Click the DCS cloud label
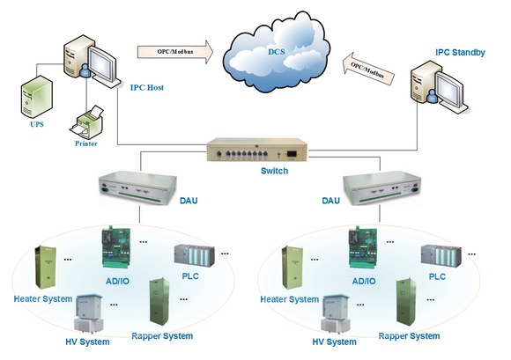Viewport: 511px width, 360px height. [x=277, y=52]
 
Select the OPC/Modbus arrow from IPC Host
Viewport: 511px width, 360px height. [x=175, y=52]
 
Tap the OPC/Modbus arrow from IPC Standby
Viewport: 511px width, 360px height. [x=368, y=70]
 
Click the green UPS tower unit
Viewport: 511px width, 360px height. [x=36, y=97]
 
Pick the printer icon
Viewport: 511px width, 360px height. [x=87, y=122]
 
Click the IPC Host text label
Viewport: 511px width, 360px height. [x=147, y=87]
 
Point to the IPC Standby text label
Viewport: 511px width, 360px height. [x=460, y=53]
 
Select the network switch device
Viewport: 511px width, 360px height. [x=257, y=150]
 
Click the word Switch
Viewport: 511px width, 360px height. [x=274, y=171]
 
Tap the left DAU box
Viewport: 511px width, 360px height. [x=137, y=188]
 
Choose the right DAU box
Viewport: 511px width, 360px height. [x=382, y=188]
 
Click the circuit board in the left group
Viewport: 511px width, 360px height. [x=116, y=248]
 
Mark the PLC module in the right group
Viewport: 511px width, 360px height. [x=441, y=255]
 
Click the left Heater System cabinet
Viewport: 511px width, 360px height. [x=46, y=268]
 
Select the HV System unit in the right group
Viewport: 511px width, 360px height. [x=336, y=313]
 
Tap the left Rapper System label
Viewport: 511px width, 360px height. [x=162, y=336]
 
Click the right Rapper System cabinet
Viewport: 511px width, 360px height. [x=406, y=302]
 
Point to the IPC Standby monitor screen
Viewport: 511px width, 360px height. [x=449, y=89]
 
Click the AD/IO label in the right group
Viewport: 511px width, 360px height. [x=364, y=282]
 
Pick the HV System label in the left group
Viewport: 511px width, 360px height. [x=87, y=342]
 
